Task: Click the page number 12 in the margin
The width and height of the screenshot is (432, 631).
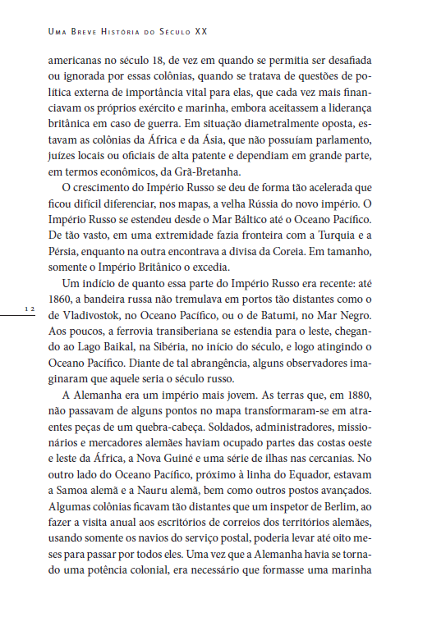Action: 29,309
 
